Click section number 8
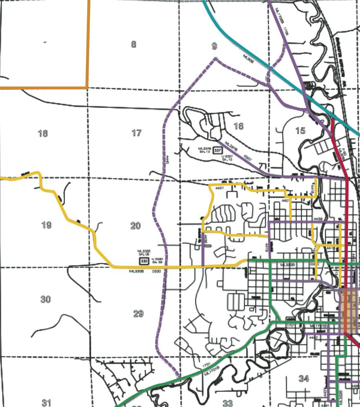click(x=134, y=44)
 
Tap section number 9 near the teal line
click(x=214, y=46)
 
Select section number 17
click(x=136, y=133)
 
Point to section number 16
click(x=239, y=126)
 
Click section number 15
click(x=300, y=131)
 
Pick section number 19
click(x=46, y=225)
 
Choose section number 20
click(x=135, y=226)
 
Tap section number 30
click(x=45, y=300)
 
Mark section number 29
click(x=138, y=313)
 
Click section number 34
click(x=304, y=379)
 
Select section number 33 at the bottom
click(x=228, y=403)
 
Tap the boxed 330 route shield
click(x=144, y=261)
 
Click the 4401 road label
click(x=219, y=188)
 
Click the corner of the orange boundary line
click(x=87, y=87)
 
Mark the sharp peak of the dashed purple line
click(x=216, y=58)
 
